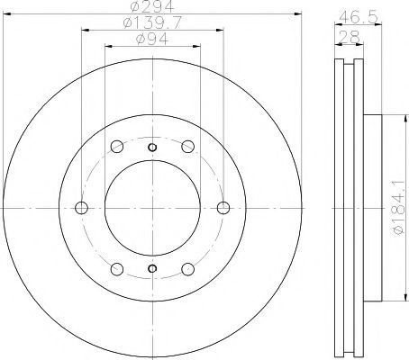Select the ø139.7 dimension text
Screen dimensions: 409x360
[153, 22]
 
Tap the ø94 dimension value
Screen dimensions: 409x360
[152, 39]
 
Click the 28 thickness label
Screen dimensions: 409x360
[349, 37]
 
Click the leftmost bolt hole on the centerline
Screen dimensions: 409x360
[81, 208]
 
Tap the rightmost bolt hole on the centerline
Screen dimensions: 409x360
[223, 208]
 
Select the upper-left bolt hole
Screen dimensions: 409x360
[117, 147]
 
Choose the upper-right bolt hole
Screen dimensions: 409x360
[188, 147]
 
